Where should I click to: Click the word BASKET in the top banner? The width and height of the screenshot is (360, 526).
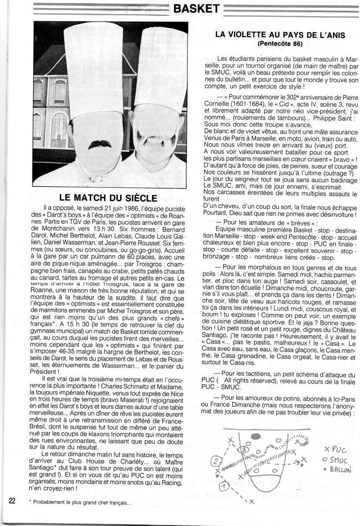[x=196, y=9]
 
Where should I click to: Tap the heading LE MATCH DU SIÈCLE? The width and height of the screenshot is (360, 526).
[x=108, y=198]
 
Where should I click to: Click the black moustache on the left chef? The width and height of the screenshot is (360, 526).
[x=99, y=144]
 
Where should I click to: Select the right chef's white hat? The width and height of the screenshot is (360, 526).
[x=161, y=68]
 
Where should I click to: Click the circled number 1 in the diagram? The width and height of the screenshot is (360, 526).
[x=223, y=486]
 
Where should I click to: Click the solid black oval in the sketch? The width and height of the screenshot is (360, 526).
[x=256, y=436]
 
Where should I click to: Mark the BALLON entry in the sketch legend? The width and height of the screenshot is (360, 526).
[x=337, y=470]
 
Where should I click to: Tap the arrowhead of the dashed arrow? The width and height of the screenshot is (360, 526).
[x=299, y=461]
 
